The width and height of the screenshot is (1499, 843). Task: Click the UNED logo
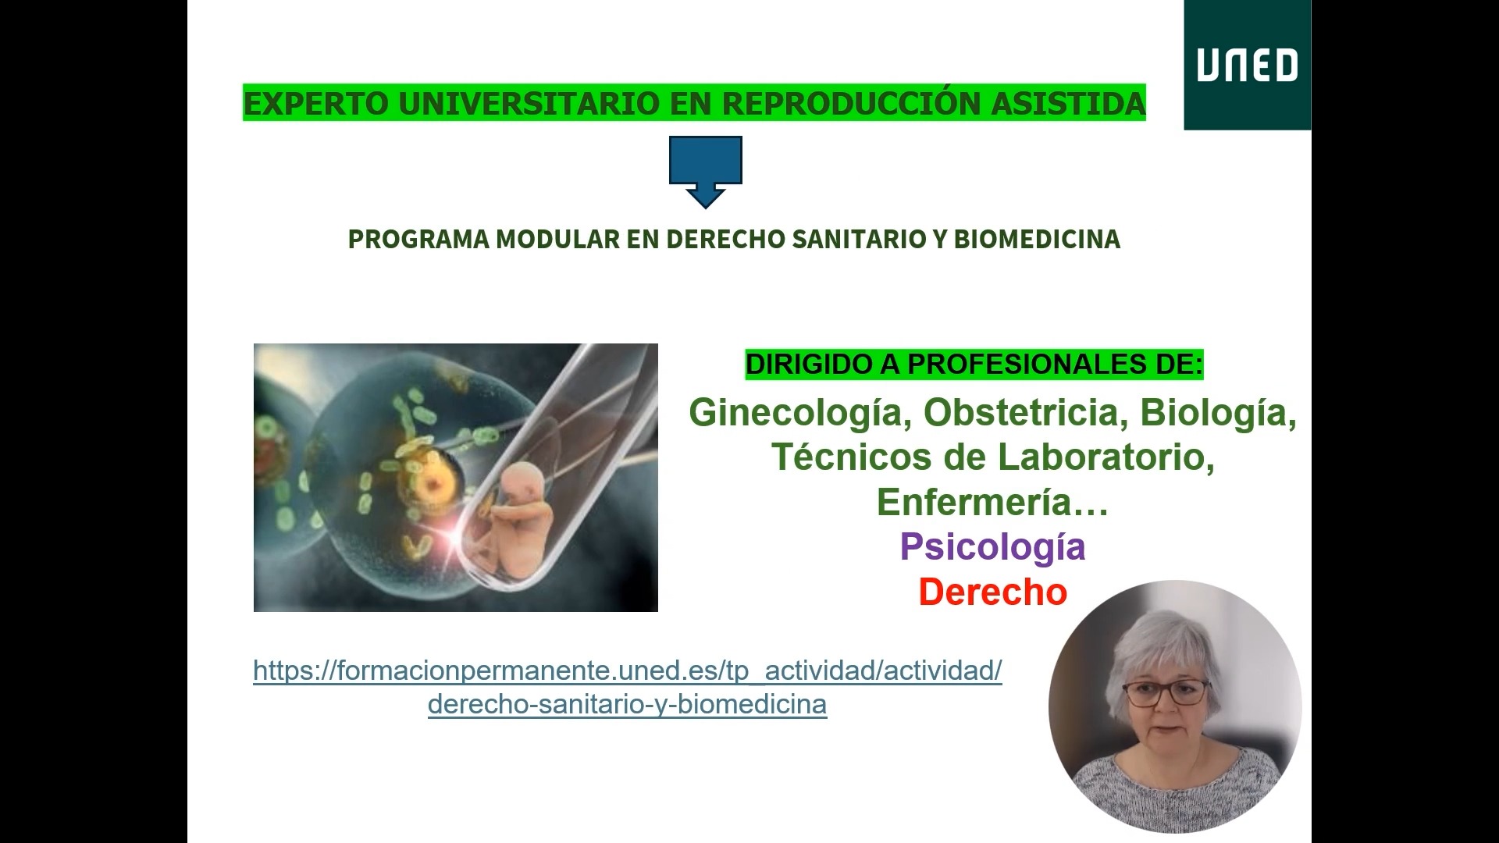pos(1247,65)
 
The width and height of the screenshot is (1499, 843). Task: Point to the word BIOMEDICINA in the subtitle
pos(1037,239)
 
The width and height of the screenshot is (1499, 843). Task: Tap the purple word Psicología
pos(992,546)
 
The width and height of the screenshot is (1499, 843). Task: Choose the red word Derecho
pos(992,592)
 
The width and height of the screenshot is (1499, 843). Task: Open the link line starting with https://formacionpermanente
pos(627,670)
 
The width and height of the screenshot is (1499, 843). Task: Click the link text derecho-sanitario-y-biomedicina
pos(627,704)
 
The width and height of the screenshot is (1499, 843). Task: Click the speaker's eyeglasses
pos(1166,692)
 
